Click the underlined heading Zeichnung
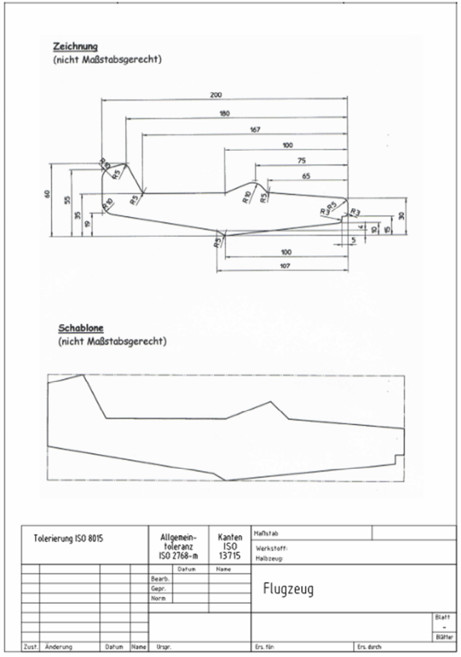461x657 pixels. click(69, 47)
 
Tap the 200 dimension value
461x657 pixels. click(215, 95)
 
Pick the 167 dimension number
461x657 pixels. click(255, 130)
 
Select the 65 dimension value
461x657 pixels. click(306, 176)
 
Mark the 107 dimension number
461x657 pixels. click(282, 266)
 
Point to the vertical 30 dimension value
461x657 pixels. click(401, 215)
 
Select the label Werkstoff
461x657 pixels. click(269, 549)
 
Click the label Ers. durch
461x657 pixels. click(369, 646)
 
